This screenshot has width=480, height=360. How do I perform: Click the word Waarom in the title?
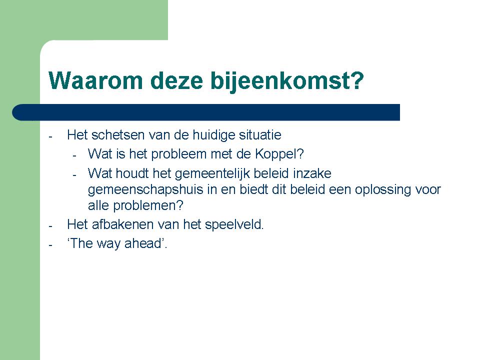96,81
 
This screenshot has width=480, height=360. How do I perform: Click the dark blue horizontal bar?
206,112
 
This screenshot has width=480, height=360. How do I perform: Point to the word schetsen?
118,134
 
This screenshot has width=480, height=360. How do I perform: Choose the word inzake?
312,173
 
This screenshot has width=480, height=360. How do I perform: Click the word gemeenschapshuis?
145,190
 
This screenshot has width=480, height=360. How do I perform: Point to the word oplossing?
382,190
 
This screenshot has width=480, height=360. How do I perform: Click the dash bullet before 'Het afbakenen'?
50,226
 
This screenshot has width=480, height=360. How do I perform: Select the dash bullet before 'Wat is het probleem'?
74,156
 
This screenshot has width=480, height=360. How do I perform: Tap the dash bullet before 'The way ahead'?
50,245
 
